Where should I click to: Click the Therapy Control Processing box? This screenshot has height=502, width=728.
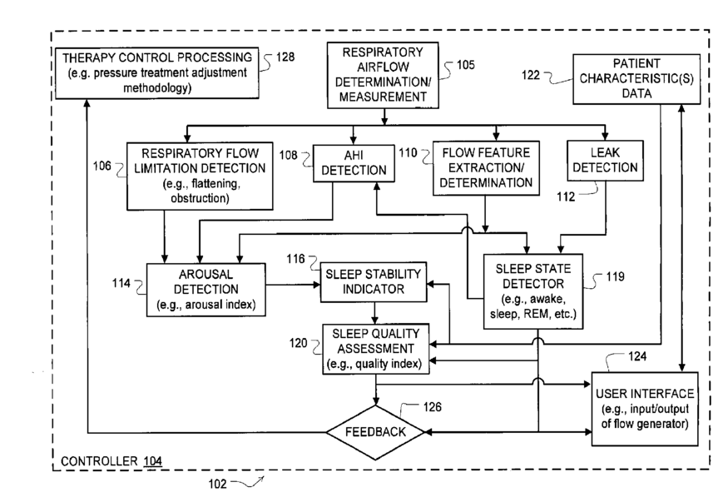pyautogui.click(x=157, y=73)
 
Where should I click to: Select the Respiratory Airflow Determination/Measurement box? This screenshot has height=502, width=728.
pyautogui.click(x=383, y=75)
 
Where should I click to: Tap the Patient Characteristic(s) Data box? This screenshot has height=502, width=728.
pyautogui.click(x=636, y=79)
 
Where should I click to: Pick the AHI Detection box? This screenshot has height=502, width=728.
pyautogui.click(x=354, y=163)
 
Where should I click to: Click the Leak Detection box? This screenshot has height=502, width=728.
pyautogui.click(x=605, y=161)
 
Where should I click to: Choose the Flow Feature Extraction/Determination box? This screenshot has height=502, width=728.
pyautogui.click(x=486, y=168)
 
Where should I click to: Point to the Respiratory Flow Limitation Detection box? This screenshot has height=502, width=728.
pyautogui.click(x=200, y=176)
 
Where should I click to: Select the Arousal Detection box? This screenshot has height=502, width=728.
pyautogui.click(x=206, y=290)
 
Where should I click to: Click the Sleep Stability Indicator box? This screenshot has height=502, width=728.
pyautogui.click(x=374, y=282)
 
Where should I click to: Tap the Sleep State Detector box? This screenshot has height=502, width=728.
pyautogui.click(x=533, y=291)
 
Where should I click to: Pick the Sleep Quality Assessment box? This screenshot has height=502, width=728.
pyautogui.click(x=375, y=349)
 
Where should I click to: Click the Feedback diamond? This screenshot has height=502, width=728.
pyautogui.click(x=375, y=432)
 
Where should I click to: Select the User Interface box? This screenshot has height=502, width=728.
pyautogui.click(x=645, y=409)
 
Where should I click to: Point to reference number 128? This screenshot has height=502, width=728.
pyautogui.click(x=285, y=57)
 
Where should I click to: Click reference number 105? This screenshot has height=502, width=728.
pyautogui.click(x=465, y=65)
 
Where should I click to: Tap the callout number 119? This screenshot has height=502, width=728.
pyautogui.click(x=615, y=276)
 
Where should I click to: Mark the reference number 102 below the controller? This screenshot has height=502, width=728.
pyautogui.click(x=217, y=484)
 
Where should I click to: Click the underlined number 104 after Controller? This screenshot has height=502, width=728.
pyautogui.click(x=153, y=461)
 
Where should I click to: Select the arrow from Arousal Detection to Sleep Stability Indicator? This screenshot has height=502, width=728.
pyautogui.click(x=293, y=284)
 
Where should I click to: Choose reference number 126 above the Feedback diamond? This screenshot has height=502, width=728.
pyautogui.click(x=433, y=407)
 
